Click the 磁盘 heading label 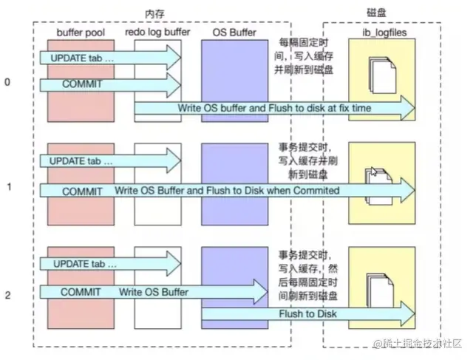click(x=385, y=14)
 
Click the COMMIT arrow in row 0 click(x=83, y=84)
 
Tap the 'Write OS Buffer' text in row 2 click(x=153, y=293)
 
